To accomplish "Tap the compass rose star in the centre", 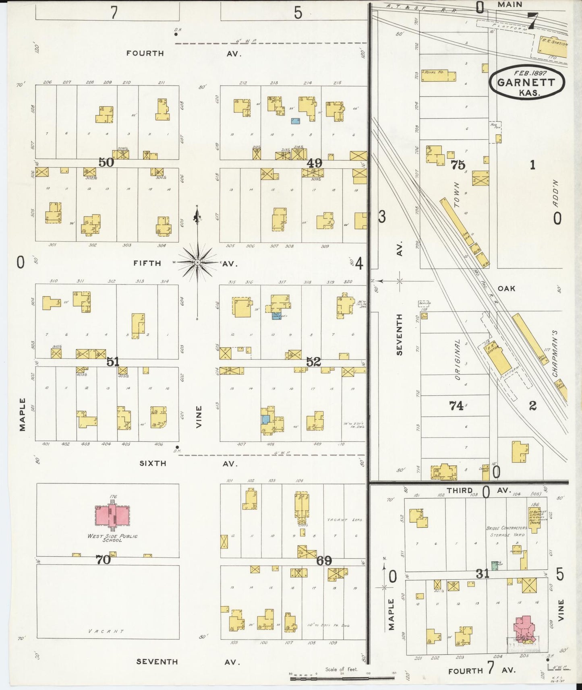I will click(197, 262).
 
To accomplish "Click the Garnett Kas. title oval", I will click(526, 82).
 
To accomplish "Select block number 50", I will click(106, 162).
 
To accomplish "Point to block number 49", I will click(314, 163).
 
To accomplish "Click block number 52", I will click(313, 362).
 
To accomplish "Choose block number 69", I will click(324, 560).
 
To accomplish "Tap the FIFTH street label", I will click(147, 263).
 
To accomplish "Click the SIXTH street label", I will click(153, 463).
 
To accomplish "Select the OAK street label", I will click(506, 288).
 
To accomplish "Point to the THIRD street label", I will click(459, 490).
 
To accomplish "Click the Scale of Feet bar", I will click(342, 678).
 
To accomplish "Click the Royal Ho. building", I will click(438, 76).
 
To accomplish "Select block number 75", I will click(458, 165).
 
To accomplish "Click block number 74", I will click(456, 406).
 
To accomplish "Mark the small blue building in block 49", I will click(296, 120).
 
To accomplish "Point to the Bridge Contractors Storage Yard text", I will click(506, 531).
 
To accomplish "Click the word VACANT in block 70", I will click(106, 631).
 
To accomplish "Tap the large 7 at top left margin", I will click(114, 12).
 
